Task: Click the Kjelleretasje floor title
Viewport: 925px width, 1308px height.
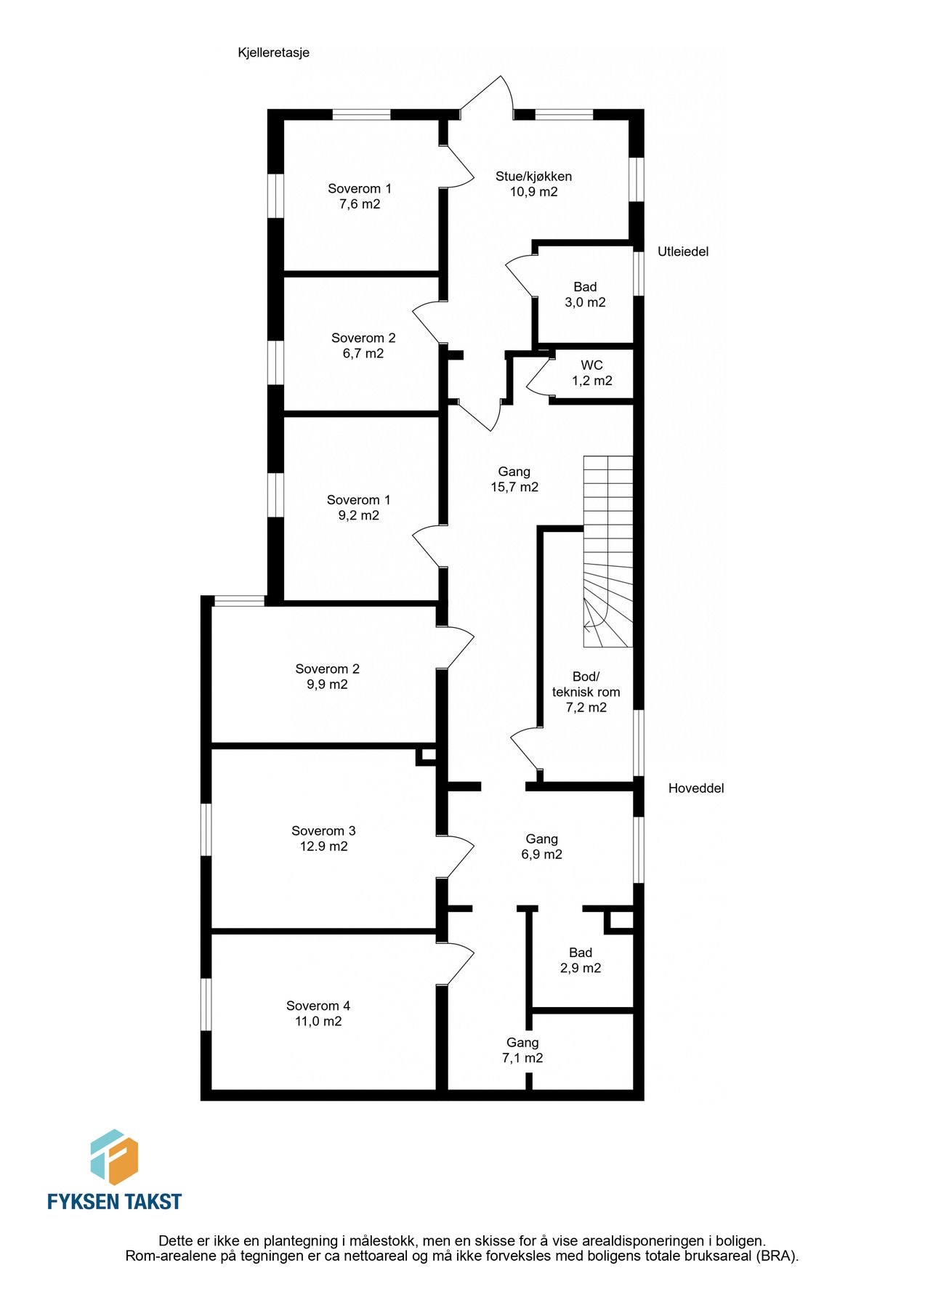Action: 273,52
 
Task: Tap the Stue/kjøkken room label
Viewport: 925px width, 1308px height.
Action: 533,176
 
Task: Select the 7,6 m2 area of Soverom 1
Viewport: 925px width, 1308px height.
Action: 360,204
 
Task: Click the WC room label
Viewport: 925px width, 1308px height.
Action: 591,365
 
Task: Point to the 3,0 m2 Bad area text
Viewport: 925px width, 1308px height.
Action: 585,302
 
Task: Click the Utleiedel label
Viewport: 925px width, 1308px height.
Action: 683,251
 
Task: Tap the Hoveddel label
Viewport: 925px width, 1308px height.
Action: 696,788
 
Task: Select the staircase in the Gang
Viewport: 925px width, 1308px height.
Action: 608,552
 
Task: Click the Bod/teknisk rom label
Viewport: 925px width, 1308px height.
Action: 586,685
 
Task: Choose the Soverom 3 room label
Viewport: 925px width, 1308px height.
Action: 323,831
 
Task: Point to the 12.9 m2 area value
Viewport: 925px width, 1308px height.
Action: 323,847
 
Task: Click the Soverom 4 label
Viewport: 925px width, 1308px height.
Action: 318,1006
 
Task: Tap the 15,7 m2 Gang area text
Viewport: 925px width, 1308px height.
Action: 514,488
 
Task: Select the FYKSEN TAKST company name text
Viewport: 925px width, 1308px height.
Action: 114,1202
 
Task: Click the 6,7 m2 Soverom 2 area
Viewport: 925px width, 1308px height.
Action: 363,354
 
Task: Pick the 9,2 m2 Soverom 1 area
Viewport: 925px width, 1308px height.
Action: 358,516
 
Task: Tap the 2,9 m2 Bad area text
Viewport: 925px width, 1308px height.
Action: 581,968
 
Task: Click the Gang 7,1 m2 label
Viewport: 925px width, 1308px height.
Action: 522,1051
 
